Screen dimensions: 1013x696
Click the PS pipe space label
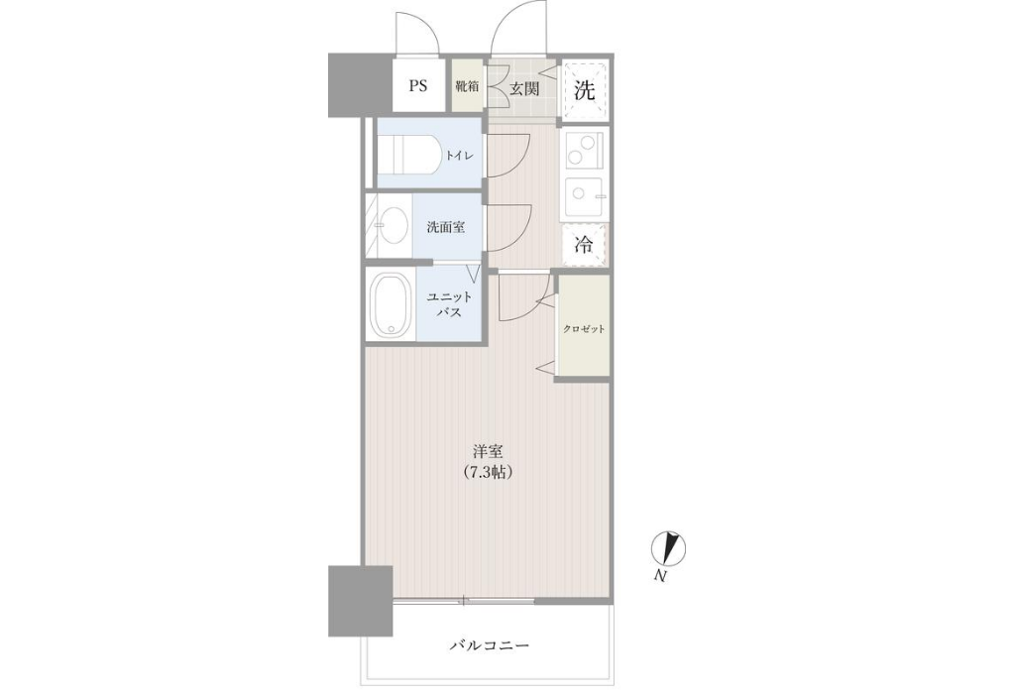(x=417, y=85)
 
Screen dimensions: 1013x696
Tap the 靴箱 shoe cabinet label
(x=466, y=85)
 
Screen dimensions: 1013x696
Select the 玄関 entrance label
(x=524, y=89)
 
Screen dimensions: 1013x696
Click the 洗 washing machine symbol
(x=585, y=90)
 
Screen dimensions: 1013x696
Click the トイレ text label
(x=459, y=156)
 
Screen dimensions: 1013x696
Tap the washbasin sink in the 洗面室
(x=393, y=226)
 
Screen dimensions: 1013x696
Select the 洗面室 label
(x=446, y=227)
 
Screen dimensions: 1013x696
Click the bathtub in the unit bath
(x=391, y=304)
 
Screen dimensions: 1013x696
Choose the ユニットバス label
(x=450, y=304)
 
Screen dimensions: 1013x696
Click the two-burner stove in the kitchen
(x=584, y=151)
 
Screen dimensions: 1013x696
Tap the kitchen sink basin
(x=584, y=195)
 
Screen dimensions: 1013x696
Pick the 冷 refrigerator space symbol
(x=584, y=245)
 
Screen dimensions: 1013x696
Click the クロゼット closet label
(x=584, y=329)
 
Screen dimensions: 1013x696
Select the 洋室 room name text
(x=488, y=451)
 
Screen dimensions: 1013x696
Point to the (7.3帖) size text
(x=489, y=472)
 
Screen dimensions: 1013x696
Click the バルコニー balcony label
(x=491, y=645)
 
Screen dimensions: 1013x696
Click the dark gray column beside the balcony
(x=361, y=601)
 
